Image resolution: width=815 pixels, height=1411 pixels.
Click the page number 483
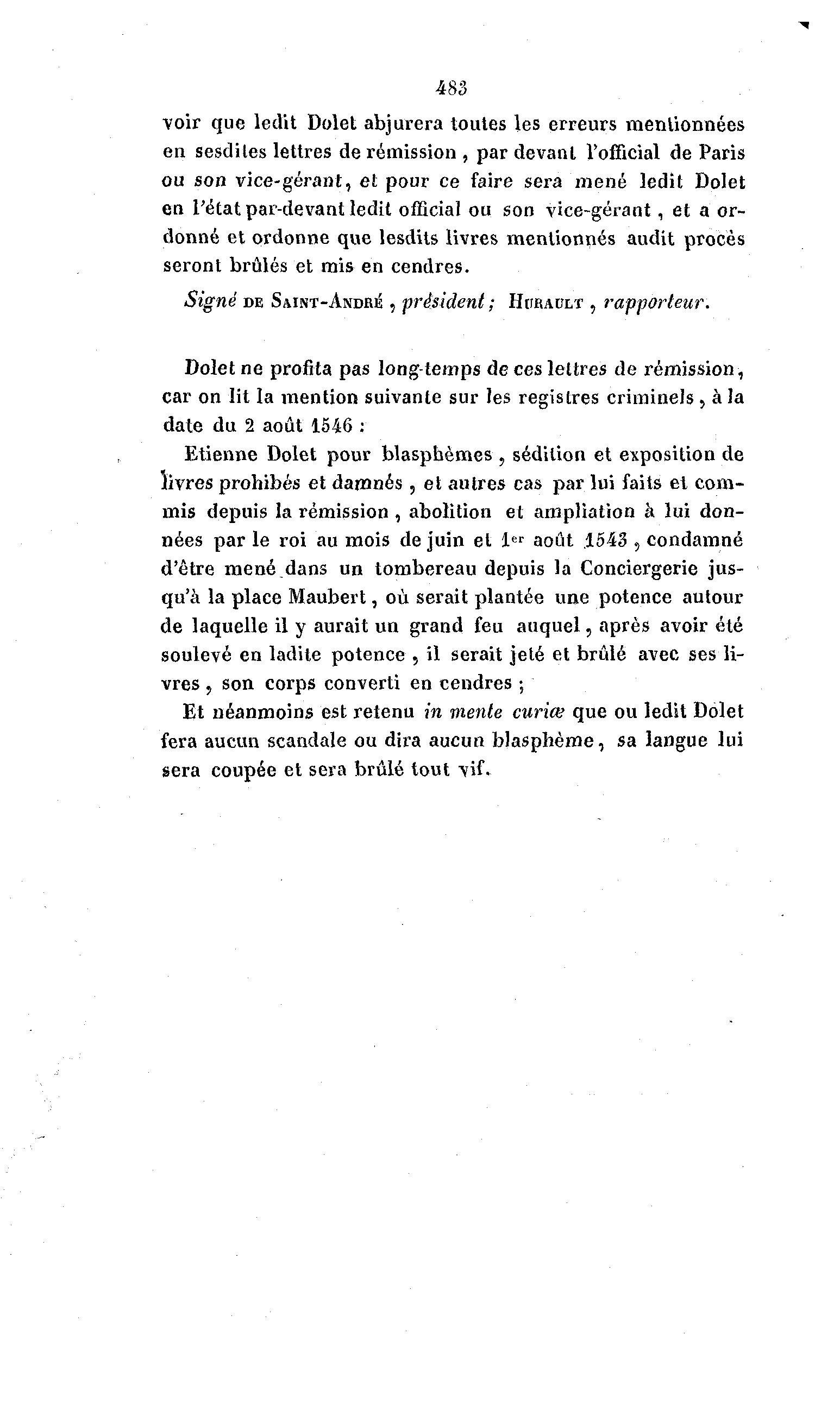point(450,88)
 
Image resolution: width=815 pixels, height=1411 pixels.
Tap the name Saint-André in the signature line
point(327,302)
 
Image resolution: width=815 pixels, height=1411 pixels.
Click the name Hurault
point(546,303)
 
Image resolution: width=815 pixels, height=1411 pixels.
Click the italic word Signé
point(209,302)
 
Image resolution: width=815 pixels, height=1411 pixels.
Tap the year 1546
point(331,426)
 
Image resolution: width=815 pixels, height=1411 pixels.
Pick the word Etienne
point(222,453)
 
